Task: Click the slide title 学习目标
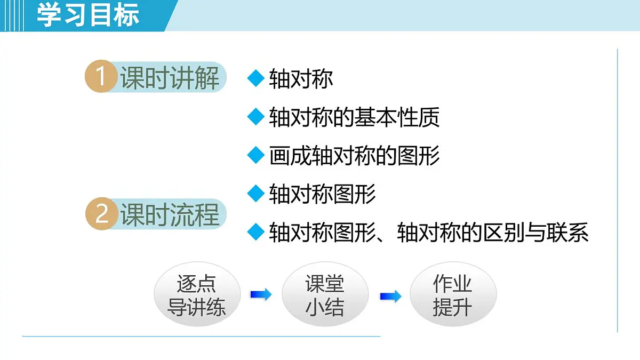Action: point(88,15)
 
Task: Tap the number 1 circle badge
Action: point(101,77)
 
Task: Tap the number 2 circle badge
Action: point(101,214)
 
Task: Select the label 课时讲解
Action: point(170,78)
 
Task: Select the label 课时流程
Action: point(170,214)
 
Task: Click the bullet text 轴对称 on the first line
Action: point(301,79)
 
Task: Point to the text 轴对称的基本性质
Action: point(354,117)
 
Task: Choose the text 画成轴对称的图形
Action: point(354,156)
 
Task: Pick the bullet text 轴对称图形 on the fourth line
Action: point(322,194)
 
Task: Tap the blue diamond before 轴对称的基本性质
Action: point(256,117)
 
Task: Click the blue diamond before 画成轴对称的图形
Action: point(256,155)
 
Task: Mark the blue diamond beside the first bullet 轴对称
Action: point(256,78)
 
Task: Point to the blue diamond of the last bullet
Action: point(256,232)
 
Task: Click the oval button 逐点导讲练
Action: point(197,295)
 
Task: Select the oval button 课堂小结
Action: point(325,295)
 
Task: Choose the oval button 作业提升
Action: point(453,295)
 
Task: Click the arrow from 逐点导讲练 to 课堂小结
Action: point(261,294)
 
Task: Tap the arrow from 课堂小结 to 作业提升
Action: point(390,296)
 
